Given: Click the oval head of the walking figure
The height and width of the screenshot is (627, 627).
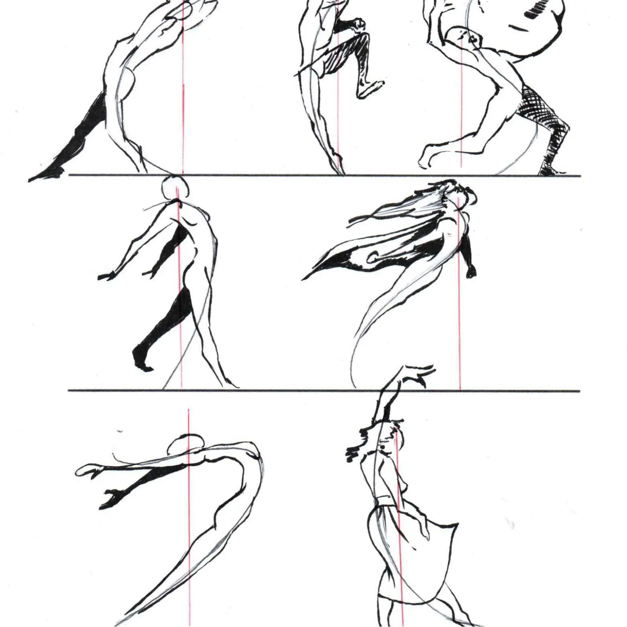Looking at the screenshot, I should [176, 187].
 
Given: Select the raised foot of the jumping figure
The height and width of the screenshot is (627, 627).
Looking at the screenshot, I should [369, 88].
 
